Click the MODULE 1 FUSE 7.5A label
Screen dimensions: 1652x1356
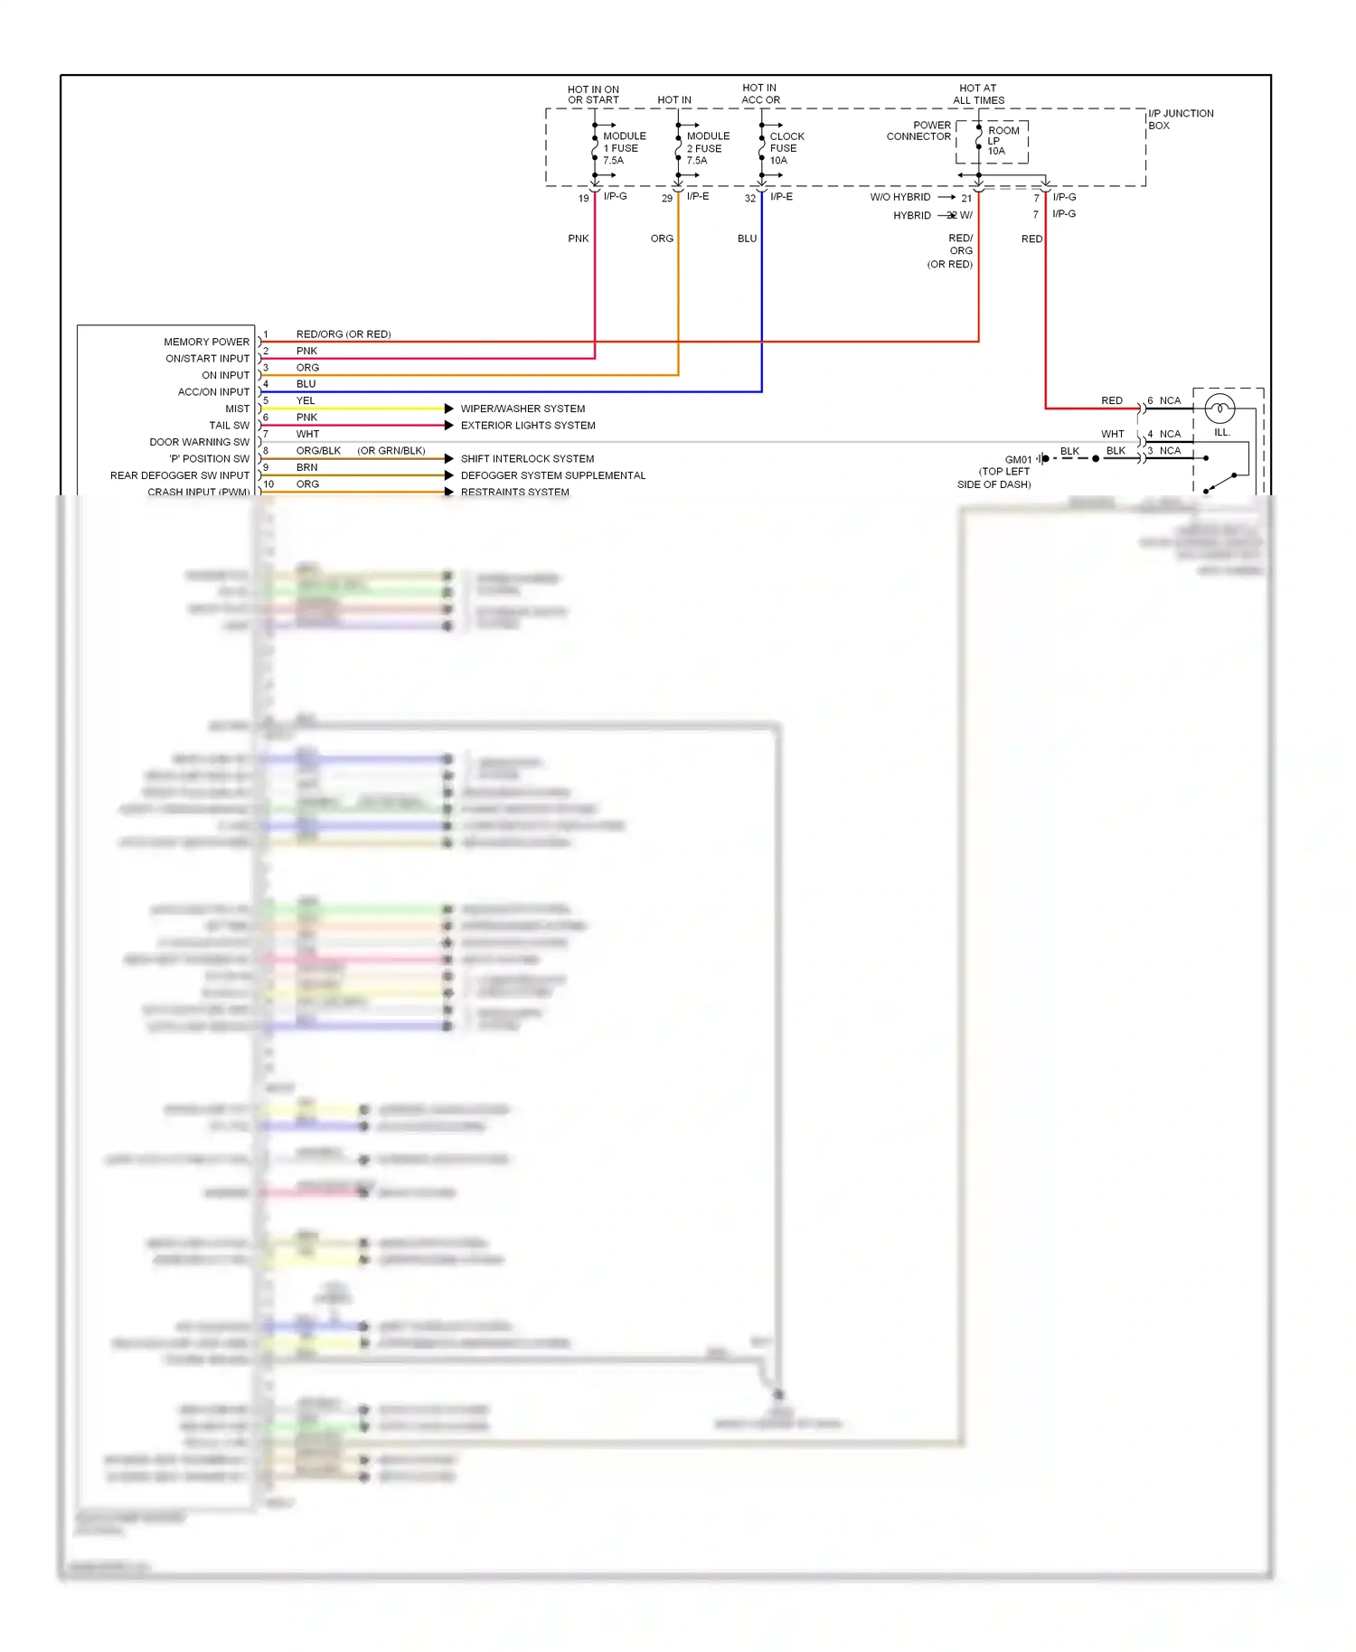pos(624,148)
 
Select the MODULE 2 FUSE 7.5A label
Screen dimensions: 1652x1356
pos(707,148)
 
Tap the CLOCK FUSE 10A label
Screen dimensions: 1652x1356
pos(786,148)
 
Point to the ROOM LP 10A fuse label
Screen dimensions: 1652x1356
pos(1002,141)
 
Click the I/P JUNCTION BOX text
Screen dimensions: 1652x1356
pos(1180,119)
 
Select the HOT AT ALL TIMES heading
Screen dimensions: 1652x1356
pos(978,94)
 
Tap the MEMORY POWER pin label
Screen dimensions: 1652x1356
pos(206,342)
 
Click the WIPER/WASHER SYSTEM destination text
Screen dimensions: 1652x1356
pos(523,408)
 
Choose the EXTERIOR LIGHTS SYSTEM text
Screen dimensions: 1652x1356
pos(528,426)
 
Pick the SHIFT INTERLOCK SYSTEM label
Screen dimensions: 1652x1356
pos(527,459)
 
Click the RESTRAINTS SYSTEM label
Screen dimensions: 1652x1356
pos(514,492)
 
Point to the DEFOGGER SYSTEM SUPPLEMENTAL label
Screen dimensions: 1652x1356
pos(552,475)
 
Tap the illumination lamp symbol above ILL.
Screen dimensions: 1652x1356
pos(1219,409)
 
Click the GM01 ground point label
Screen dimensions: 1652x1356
pos(1017,460)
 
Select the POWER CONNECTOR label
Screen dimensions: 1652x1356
pos(918,131)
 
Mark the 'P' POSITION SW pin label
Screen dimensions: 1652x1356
pos(209,459)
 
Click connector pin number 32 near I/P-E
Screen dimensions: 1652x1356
pos(749,199)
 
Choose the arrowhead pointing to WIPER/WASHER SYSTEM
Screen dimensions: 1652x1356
pos(448,408)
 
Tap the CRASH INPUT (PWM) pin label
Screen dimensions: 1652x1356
pos(198,492)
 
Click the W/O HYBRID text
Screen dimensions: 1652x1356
pos(899,197)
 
